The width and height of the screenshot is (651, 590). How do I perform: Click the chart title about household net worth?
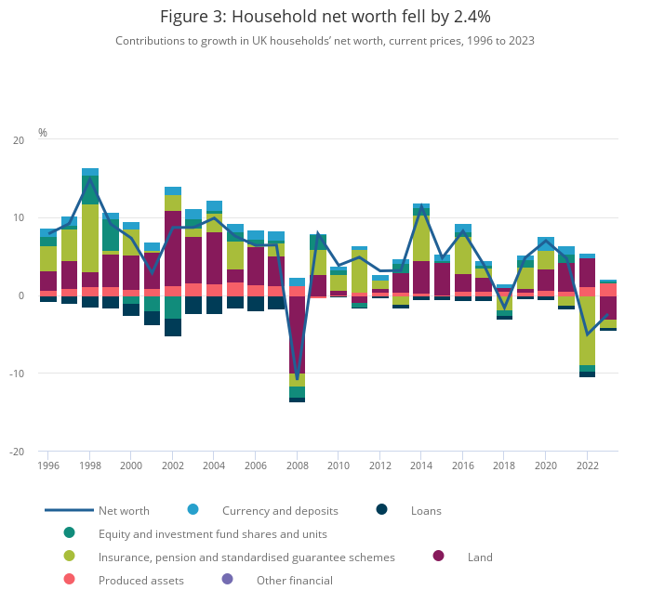(325, 17)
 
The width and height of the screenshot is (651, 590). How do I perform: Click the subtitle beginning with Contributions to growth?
(325, 41)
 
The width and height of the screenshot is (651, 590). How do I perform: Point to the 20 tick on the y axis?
(19, 140)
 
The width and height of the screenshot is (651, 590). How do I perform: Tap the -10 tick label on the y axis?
(17, 374)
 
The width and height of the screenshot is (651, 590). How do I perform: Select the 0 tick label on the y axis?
(20, 295)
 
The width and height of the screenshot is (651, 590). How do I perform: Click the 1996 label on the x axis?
(48, 465)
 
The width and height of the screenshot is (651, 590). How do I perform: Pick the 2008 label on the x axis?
(297, 465)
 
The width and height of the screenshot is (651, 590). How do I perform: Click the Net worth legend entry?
(124, 510)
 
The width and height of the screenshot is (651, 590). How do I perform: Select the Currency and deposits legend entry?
(279, 510)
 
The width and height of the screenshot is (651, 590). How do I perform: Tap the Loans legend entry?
(425, 510)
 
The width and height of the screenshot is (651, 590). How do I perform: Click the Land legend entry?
(480, 557)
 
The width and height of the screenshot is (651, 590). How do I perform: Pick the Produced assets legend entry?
(140, 581)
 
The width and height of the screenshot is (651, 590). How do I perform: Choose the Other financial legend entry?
(294, 581)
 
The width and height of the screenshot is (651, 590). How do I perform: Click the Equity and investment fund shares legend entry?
(212, 533)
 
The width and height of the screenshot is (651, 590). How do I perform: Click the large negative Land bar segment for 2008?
(297, 334)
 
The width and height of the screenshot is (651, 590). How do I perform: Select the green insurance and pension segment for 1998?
(90, 238)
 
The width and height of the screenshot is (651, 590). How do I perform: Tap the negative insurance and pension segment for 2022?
(587, 331)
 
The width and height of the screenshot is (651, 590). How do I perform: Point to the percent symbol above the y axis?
(43, 133)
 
